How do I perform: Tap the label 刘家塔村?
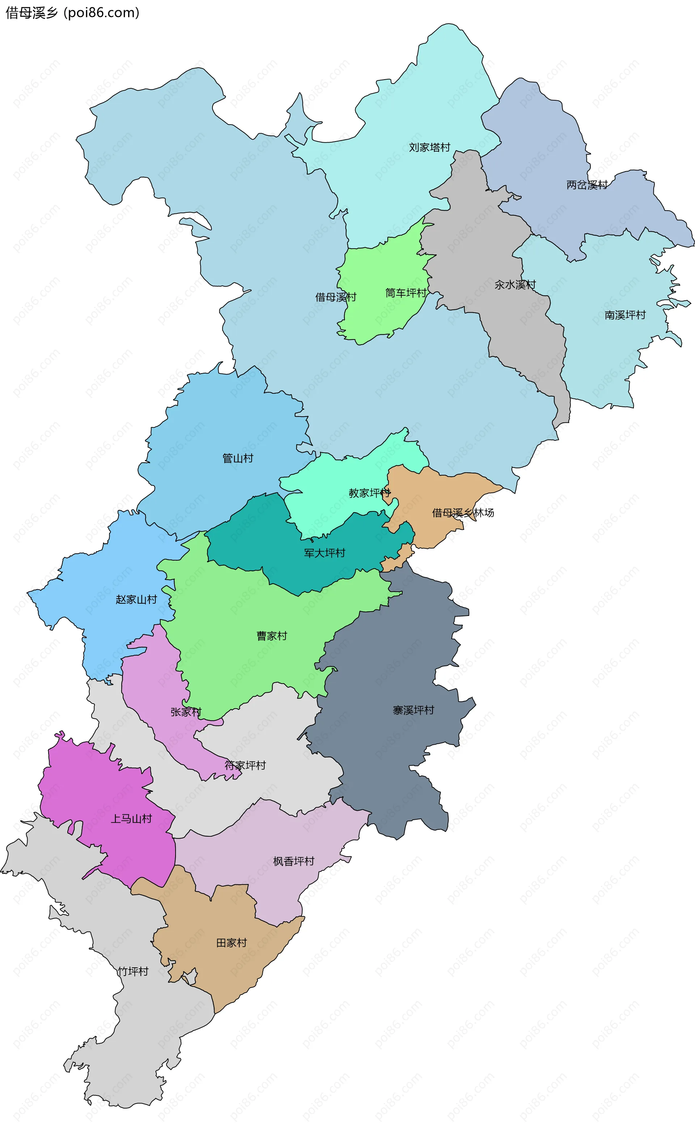tap(429, 148)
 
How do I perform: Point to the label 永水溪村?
tap(515, 285)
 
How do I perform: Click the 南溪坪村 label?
tap(625, 315)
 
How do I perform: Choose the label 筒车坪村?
tap(405, 293)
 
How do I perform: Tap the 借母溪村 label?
tap(336, 297)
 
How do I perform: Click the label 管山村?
tap(238, 458)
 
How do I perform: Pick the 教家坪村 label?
tap(369, 493)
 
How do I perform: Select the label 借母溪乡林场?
tap(463, 513)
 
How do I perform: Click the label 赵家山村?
tap(136, 600)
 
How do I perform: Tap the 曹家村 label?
tap(271, 636)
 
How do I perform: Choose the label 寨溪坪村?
tap(413, 710)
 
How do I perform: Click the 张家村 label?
tap(186, 712)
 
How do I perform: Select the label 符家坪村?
tap(245, 765)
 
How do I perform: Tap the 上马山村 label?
tap(131, 819)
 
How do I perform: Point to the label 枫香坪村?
tap(294, 861)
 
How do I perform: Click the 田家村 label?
tap(232, 943)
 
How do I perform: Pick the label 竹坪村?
tap(133, 971)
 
